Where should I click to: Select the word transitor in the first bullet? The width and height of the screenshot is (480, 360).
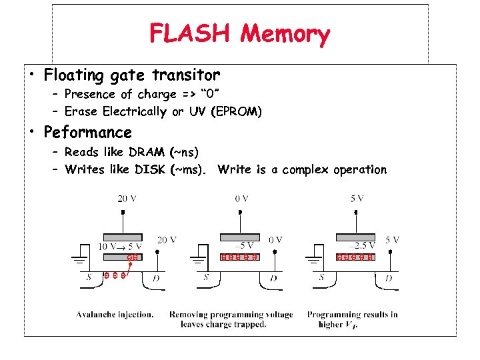pos(187,75)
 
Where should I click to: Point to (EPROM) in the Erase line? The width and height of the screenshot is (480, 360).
pos(236,111)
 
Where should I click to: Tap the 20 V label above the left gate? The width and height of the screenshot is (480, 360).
pos(127,198)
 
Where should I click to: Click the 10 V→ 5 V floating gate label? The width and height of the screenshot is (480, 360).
pos(120,246)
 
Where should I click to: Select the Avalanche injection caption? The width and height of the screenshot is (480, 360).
pos(115,314)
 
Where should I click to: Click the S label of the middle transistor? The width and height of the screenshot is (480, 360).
pos(207,277)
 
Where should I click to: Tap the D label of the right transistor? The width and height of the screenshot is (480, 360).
pos(388,278)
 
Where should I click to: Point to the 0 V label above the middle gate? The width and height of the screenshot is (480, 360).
pos(242,198)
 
